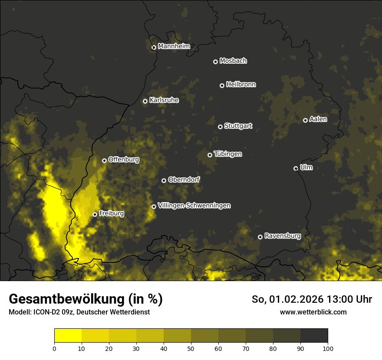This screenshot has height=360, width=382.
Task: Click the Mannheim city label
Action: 174,46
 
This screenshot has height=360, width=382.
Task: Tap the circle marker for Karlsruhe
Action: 145,101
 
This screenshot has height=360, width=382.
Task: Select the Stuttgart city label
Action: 238,126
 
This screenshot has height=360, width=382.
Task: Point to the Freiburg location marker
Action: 95,214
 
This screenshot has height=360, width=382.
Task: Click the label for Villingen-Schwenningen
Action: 194,206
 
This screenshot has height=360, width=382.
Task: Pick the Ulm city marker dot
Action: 296,168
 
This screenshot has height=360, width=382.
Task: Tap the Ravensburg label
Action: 282,236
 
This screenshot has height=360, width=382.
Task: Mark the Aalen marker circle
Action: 305,120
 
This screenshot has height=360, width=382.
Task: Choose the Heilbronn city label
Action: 241,85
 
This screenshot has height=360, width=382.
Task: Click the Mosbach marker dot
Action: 215,62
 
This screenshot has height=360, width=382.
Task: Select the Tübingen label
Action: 227,154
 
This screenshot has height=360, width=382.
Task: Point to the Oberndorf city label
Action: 184,180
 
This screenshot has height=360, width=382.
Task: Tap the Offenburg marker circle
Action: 104,160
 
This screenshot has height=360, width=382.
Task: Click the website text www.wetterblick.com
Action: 313,312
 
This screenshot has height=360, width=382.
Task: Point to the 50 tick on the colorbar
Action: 191,348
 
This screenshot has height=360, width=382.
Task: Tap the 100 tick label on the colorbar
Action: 328,348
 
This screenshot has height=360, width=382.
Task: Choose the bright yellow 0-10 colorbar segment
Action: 68,335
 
